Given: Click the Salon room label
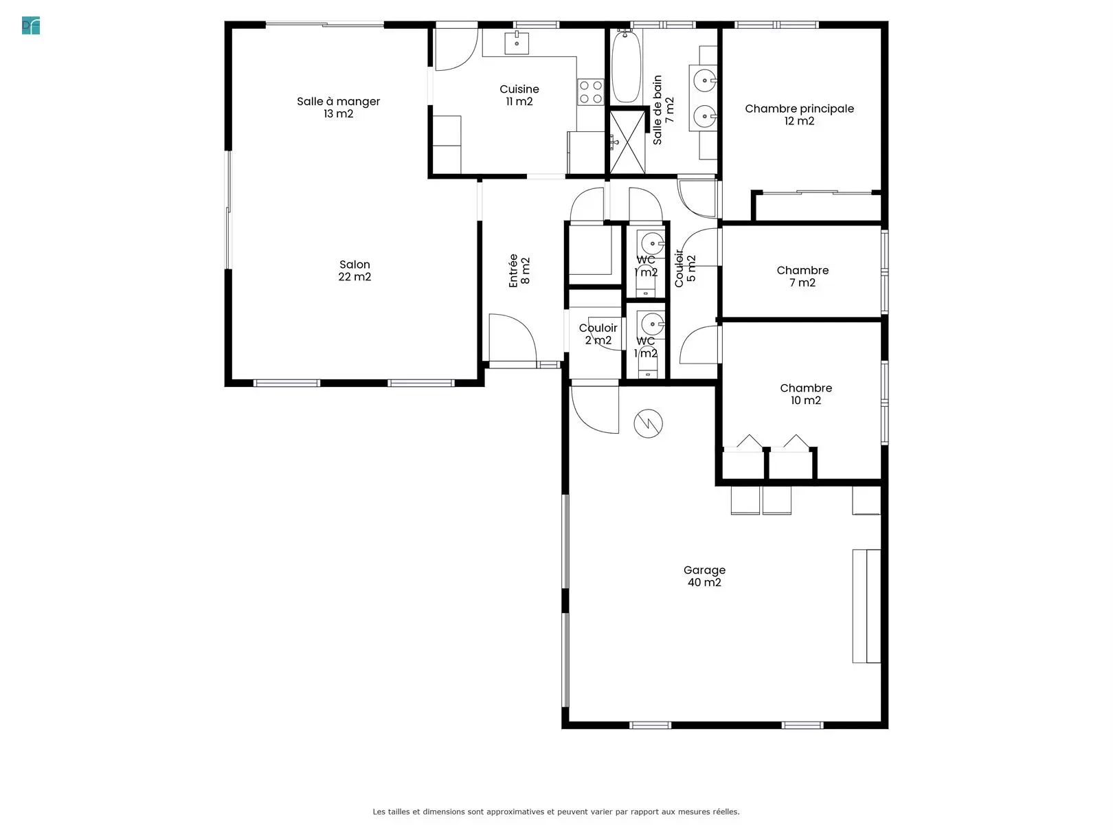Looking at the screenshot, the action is (x=355, y=270).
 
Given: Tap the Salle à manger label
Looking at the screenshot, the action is (x=338, y=107).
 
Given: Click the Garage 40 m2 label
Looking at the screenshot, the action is (x=704, y=576).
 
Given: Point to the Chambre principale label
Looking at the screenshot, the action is (x=799, y=115).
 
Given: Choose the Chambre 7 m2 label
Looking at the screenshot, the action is (x=802, y=276).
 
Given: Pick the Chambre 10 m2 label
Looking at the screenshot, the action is (x=806, y=394).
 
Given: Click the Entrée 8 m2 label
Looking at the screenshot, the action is (x=519, y=271).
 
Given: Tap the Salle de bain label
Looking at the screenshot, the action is (x=663, y=110).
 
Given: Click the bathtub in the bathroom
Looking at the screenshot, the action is (x=626, y=66).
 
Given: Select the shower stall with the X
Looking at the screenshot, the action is (x=627, y=142).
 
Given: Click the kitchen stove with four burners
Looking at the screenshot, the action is (x=591, y=92).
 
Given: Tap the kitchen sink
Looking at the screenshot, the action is (x=517, y=43).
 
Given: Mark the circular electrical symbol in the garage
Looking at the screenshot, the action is (x=648, y=423).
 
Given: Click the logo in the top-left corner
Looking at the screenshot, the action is (x=31, y=25).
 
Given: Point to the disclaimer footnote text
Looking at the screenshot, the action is (x=556, y=812).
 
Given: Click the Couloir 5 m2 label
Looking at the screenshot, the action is (x=685, y=268).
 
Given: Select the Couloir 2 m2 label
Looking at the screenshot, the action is (x=598, y=333).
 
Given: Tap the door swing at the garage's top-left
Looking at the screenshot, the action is (x=595, y=410).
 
